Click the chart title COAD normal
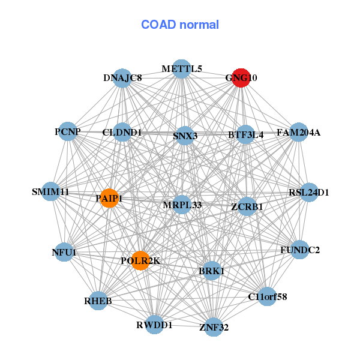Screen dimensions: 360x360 point(180,25)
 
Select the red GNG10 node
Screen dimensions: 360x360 point(241,78)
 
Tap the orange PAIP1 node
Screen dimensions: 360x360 point(109,198)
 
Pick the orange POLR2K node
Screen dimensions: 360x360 point(140,260)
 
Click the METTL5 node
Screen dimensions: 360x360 point(182,68)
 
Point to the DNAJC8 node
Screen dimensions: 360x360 point(122,78)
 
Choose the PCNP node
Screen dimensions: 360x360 point(68,132)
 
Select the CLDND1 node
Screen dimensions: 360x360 point(122,132)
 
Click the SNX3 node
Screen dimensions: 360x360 point(185,136)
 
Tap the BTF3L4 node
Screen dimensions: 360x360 point(246,135)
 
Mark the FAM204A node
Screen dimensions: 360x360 point(298,132)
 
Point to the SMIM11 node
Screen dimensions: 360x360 point(51,192)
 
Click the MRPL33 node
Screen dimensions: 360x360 point(182,205)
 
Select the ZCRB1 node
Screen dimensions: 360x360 point(247,206)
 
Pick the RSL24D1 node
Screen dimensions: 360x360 point(309,192)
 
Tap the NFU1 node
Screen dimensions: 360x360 point(64,253)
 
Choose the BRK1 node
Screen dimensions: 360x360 point(211,271)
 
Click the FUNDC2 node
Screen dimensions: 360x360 point(300,249)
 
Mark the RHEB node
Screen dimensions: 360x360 point(98,300)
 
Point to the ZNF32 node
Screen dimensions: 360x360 point(214,327)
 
